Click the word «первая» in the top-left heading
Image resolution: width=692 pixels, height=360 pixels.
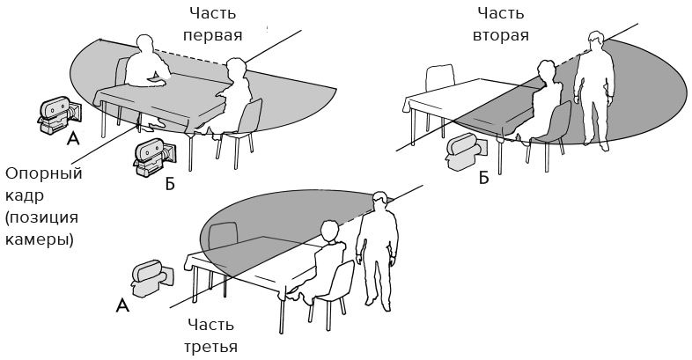coord(213,35)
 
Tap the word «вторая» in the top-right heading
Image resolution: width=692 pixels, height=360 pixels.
coord(500,35)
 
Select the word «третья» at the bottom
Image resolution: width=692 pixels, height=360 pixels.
coord(210,347)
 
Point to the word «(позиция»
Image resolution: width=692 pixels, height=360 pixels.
coord(42,217)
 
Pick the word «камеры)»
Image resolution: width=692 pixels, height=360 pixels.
coord(40,240)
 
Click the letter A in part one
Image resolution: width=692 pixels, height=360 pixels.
coord(73,139)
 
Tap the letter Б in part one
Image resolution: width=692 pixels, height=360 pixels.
coord(170,185)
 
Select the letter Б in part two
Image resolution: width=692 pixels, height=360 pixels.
coord(484,178)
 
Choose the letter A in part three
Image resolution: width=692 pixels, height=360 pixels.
coord(122,305)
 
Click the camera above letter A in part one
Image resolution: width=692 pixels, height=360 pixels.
coord(59,114)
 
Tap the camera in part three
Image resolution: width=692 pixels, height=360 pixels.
coord(151,279)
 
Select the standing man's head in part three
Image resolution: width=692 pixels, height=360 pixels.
coord(380,202)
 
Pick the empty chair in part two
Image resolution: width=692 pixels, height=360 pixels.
coord(440,78)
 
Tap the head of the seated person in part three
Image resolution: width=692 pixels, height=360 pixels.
coord(329,231)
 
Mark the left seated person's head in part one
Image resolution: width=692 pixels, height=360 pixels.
coord(144,44)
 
